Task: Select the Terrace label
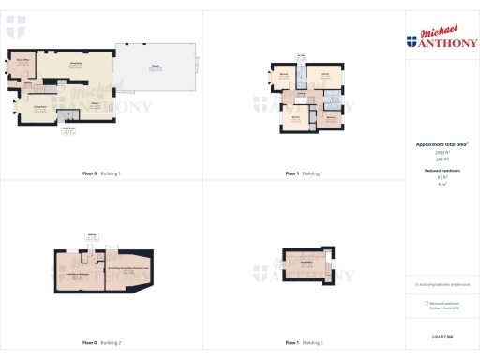[x=154, y=67]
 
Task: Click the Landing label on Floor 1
[x=301, y=97]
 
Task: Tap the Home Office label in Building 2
[x=306, y=263]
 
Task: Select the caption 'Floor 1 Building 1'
[x=304, y=173]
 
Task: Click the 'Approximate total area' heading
[x=442, y=144]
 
